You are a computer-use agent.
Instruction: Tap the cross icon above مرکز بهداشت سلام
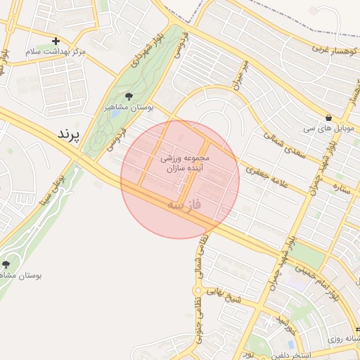(56, 41)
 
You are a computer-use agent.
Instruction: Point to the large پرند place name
(69, 134)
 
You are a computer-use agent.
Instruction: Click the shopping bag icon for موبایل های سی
(329, 117)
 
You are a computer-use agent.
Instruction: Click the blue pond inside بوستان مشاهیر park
(115, 114)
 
